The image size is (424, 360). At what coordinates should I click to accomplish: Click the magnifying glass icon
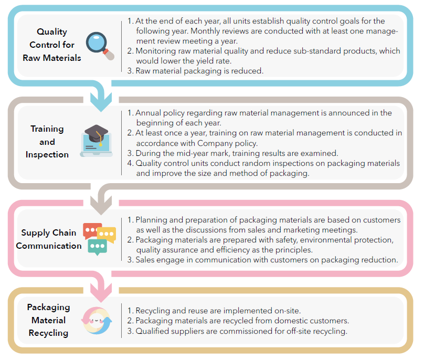click(x=100, y=46)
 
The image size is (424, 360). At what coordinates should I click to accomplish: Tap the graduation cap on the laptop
click(x=96, y=134)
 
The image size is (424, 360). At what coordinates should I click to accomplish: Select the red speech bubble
click(x=92, y=230)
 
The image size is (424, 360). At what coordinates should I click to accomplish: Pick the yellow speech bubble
click(x=107, y=234)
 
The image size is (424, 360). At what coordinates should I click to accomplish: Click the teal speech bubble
click(x=98, y=247)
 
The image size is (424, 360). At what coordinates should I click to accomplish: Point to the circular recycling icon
click(x=97, y=321)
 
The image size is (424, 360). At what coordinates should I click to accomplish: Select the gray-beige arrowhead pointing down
click(x=101, y=205)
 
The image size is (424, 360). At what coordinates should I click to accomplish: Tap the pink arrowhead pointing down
click(x=101, y=293)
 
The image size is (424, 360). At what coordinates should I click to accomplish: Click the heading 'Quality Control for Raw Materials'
click(x=51, y=45)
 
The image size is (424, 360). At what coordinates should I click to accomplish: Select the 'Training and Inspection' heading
click(x=47, y=142)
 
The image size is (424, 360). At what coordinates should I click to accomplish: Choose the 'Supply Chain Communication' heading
click(x=49, y=239)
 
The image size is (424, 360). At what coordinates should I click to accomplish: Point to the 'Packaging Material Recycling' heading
click(x=48, y=320)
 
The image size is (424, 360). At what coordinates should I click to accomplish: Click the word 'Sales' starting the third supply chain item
click(x=145, y=260)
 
